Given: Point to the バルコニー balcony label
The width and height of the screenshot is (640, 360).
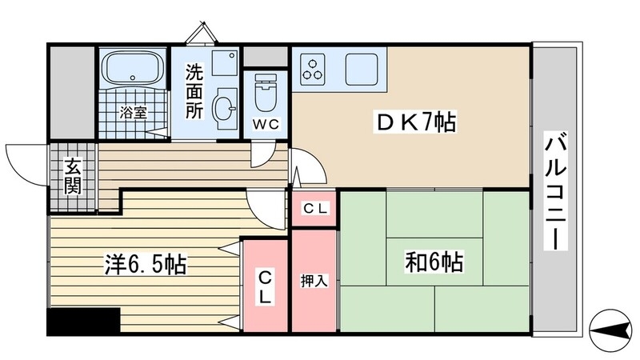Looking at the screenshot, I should (557, 192).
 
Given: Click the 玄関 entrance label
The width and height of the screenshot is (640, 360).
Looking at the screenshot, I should (73, 178).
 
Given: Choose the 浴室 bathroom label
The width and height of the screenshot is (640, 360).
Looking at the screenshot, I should (133, 113).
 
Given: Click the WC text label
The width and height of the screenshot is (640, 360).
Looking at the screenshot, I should (266, 125).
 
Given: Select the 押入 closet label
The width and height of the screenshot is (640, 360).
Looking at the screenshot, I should (313, 281).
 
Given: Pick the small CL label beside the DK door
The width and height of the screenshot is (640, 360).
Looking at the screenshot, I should (314, 209).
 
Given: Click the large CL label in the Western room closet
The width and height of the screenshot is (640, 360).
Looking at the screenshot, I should (265, 286).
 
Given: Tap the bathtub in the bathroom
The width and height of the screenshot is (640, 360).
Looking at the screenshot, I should (133, 70).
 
